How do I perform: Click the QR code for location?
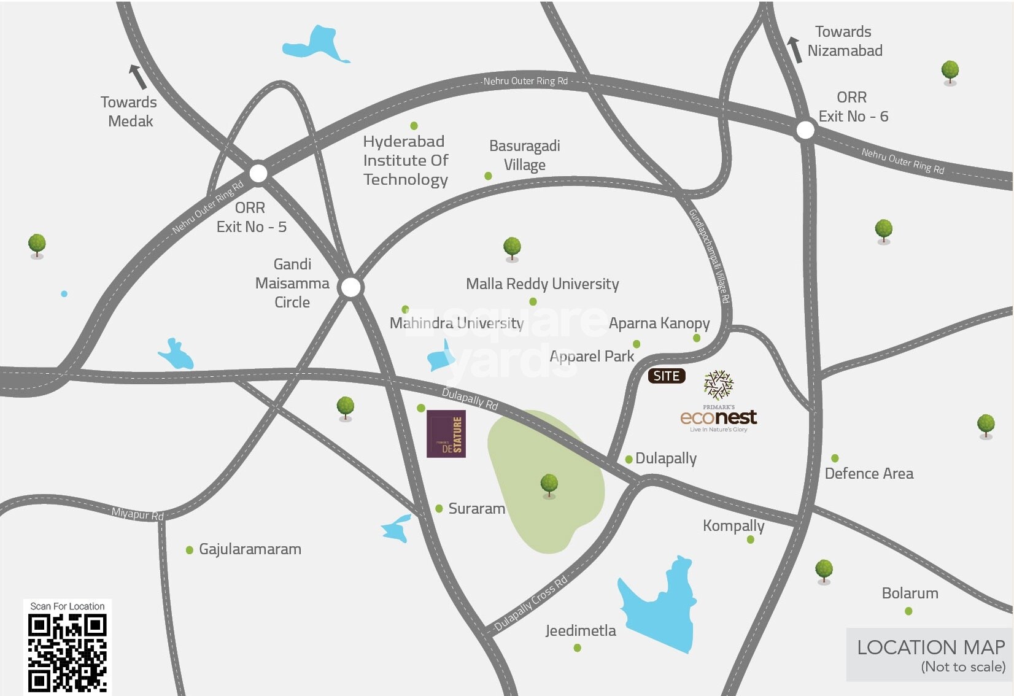coord(68,653)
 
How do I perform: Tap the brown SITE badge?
coord(667,376)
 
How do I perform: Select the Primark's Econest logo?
coord(718,402)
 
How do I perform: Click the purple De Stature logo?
coord(446,433)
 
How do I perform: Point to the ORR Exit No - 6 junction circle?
coord(805,130)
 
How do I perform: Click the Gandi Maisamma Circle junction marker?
coord(350,287)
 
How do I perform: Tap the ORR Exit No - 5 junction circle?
coord(258,173)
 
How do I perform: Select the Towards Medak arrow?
coord(137,77)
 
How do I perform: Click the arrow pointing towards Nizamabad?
coord(795,49)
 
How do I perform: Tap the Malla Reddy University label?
coord(542,284)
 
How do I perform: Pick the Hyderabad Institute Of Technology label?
coord(406,160)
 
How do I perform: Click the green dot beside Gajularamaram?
coord(190,550)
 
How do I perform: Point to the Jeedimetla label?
coord(580,630)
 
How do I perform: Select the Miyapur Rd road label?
coord(137,514)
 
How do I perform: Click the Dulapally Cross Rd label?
coord(531,604)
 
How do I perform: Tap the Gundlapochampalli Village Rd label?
coord(709,257)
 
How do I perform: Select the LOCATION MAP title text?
coord(931,648)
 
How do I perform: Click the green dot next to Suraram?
coord(439,509)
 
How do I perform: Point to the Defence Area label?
coord(869,473)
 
